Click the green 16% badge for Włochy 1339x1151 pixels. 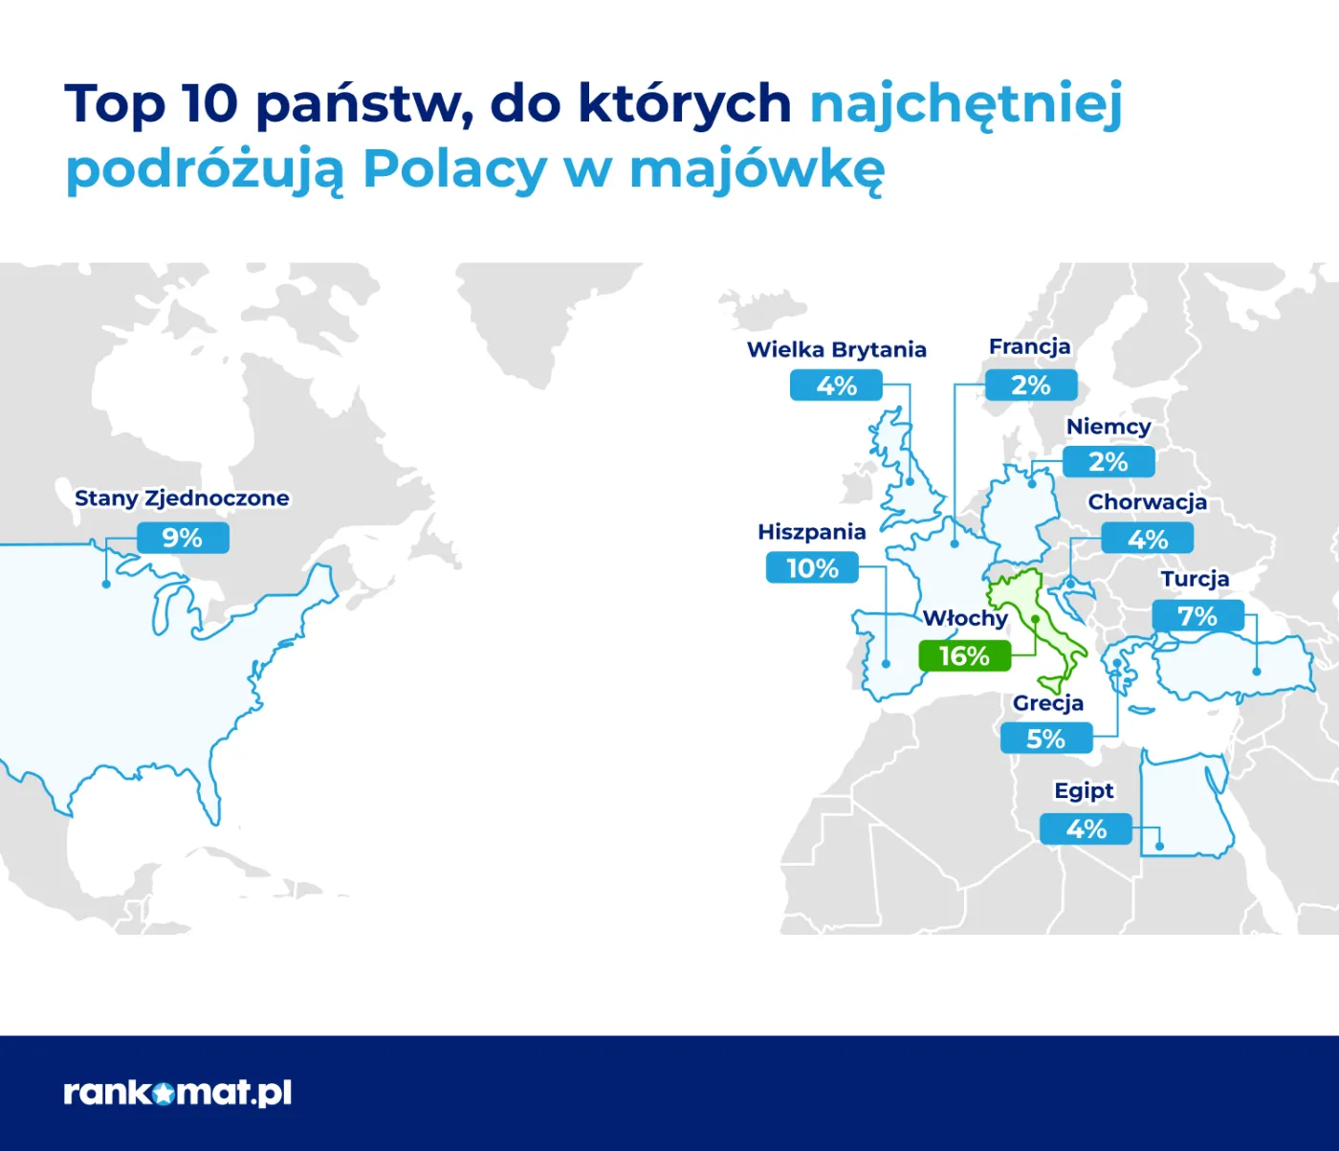point(964,656)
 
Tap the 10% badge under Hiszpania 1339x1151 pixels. point(812,568)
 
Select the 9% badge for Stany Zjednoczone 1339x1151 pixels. point(183,538)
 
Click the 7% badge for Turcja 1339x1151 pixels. point(1197,616)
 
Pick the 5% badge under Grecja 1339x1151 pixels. point(1045,739)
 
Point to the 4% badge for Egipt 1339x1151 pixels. point(1086,829)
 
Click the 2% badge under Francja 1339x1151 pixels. point(1031,386)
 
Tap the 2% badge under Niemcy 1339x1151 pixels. point(1109,462)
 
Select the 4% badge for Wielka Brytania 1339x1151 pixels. point(836,386)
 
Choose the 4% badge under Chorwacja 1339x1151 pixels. point(1147,539)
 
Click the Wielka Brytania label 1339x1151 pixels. point(836,349)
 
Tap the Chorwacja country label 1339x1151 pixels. point(1147,502)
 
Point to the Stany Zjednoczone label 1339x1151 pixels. point(182,498)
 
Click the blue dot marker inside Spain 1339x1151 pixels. point(887,663)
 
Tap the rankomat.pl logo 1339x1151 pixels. point(177,1093)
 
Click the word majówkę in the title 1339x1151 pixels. point(757,169)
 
